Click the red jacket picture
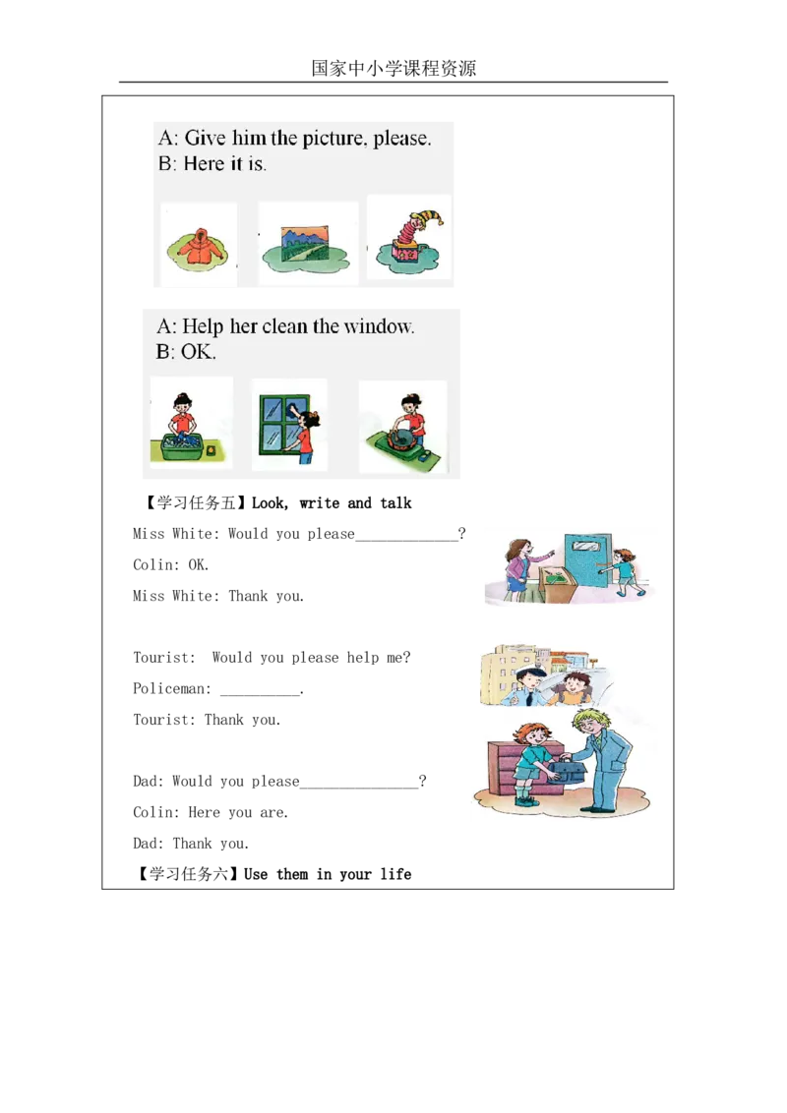coord(198,247)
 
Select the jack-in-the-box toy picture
coord(410,238)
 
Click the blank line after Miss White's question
coord(407,540)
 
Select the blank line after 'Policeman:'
coord(260,694)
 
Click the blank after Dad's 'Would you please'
coord(359,788)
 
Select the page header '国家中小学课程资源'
coord(393,68)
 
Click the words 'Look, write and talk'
coord(332,503)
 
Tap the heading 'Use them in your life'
coord(328,874)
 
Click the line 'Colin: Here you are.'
coord(211,812)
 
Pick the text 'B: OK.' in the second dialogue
coord(186,352)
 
